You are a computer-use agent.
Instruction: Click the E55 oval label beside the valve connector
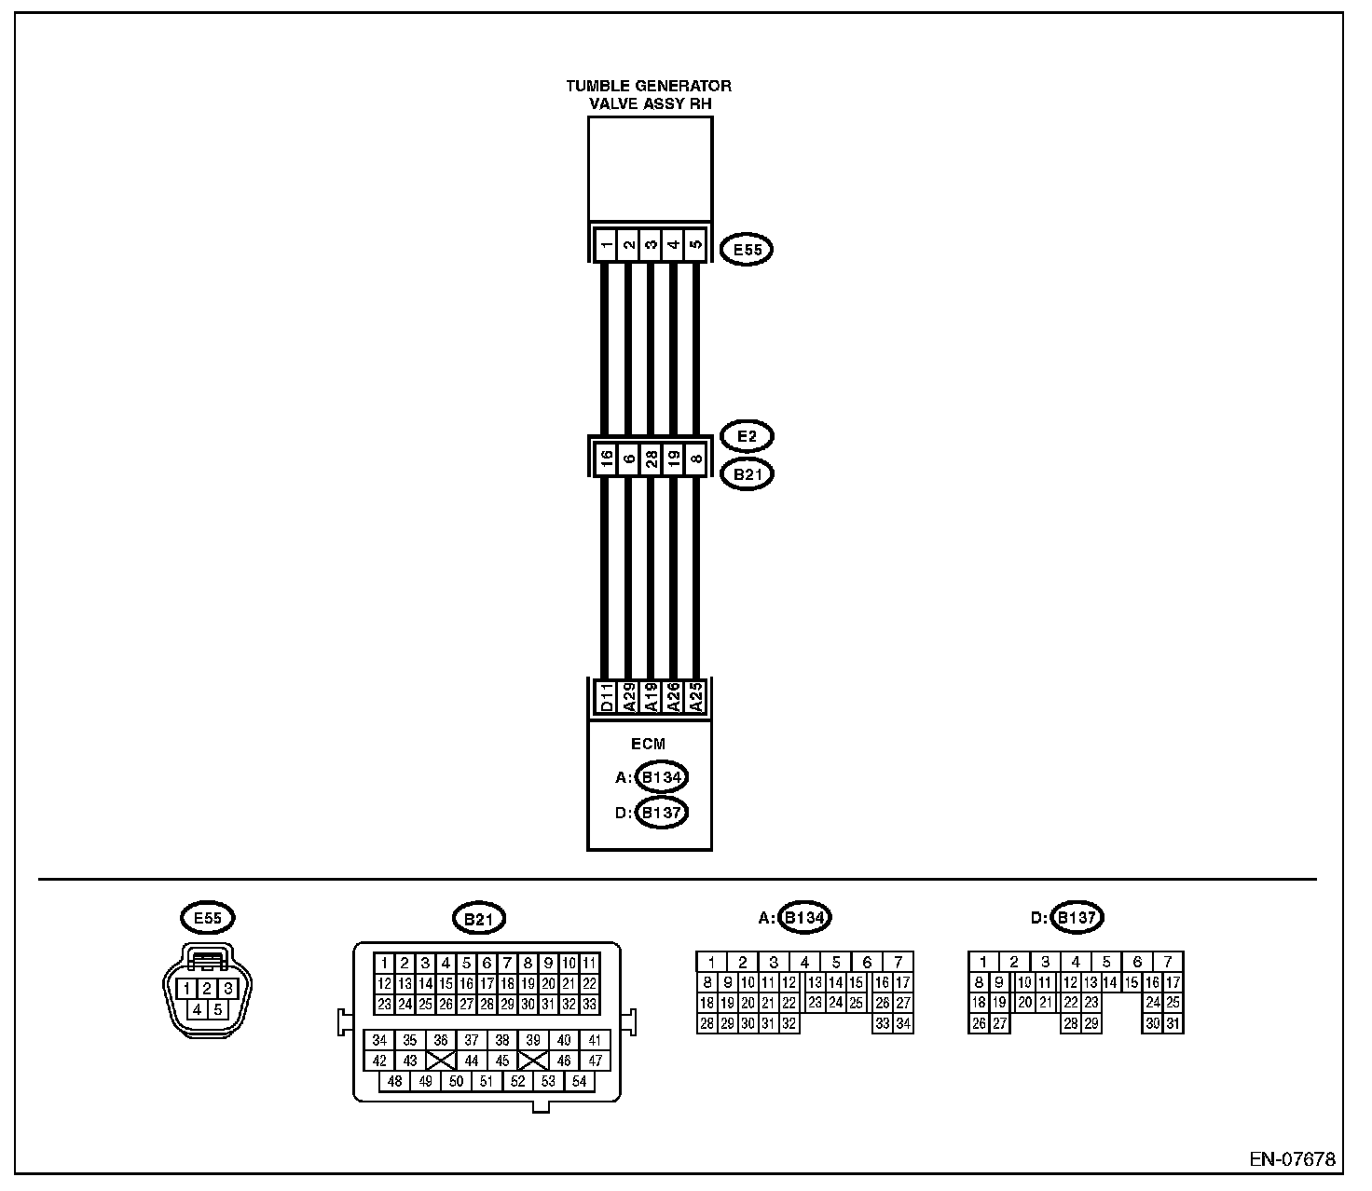click(748, 250)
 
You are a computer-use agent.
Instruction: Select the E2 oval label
click(748, 436)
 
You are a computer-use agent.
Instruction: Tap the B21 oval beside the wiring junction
click(748, 474)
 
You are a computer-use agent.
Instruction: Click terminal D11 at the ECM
click(606, 696)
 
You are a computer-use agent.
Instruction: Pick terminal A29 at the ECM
click(628, 696)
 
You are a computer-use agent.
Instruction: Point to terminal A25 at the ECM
click(695, 696)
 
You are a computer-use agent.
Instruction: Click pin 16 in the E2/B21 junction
click(606, 459)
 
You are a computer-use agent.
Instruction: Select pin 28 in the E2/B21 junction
click(652, 459)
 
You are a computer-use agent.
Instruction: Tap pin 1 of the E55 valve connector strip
click(606, 246)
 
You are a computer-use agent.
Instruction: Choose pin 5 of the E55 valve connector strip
click(695, 246)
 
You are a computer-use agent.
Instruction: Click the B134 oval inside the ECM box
click(662, 777)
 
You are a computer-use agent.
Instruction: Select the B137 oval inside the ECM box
click(662, 814)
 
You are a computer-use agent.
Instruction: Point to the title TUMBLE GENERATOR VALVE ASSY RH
click(650, 94)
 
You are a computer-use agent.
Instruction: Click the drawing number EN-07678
click(1292, 1160)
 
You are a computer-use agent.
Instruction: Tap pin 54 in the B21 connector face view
click(579, 1081)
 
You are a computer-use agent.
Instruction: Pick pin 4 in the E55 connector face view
click(198, 1008)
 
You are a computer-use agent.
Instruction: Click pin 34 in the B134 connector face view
click(902, 1023)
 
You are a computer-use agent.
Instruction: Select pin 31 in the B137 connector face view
click(1173, 1023)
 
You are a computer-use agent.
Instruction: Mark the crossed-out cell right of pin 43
click(441, 1061)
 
